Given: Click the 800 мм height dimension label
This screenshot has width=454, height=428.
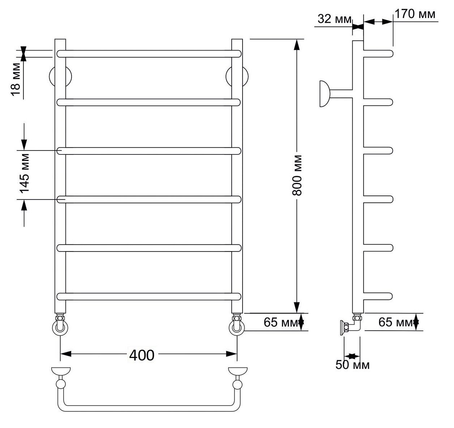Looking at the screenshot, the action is [x=297, y=175].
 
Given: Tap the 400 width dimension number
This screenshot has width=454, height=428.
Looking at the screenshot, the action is [x=142, y=355].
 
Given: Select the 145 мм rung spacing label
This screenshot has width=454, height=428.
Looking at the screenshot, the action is [x=25, y=174].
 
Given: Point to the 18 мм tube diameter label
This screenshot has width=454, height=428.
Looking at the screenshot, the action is [x=16, y=79].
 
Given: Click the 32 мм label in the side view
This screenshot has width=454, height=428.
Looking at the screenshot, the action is [x=334, y=19].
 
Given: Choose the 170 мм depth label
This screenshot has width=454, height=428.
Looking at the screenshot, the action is [x=415, y=14].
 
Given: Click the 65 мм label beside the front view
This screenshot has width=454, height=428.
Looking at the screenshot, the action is [x=281, y=322].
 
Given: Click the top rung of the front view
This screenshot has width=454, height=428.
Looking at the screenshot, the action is [x=149, y=54].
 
